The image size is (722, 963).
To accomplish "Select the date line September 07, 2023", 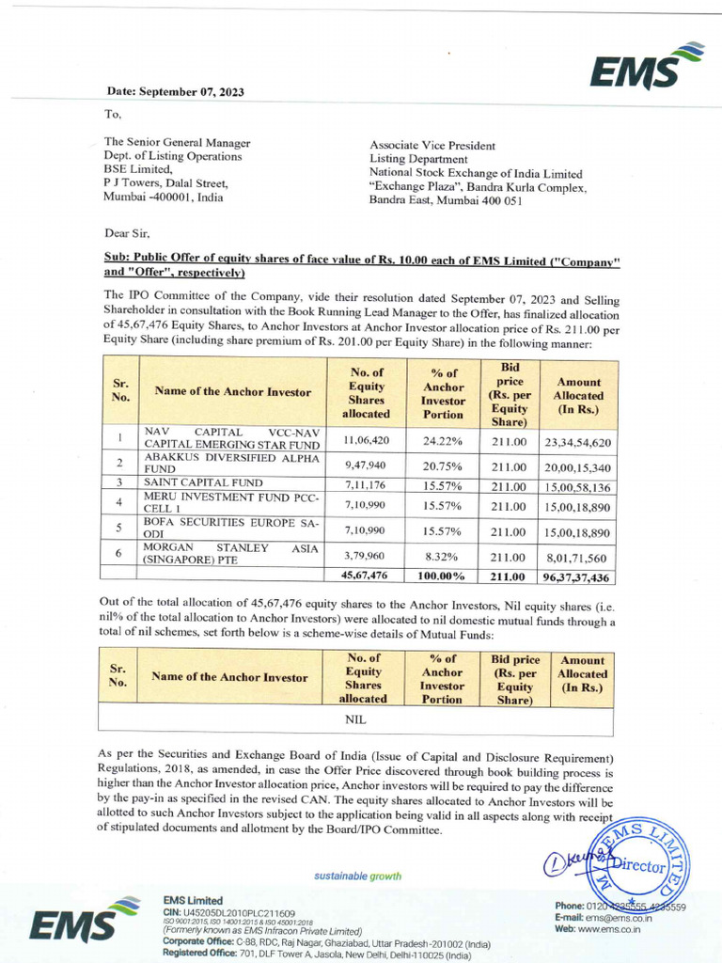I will pyautogui.click(x=175, y=91).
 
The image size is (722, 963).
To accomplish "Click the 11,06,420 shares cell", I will pyautogui.click(x=367, y=440).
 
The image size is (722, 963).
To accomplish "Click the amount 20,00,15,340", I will pyautogui.click(x=576, y=466).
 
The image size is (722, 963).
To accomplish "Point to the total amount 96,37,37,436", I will pyautogui.click(x=576, y=576).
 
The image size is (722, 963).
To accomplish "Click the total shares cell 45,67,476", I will pyautogui.click(x=367, y=576).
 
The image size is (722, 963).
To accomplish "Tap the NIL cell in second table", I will pyautogui.click(x=355, y=719).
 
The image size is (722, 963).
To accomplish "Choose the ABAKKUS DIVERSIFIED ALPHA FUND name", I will pyautogui.click(x=230, y=462).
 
